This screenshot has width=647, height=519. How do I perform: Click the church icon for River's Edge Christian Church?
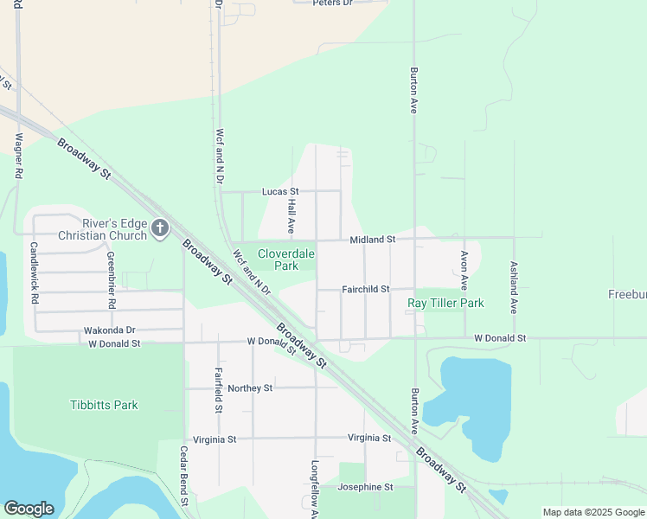pos(159,228)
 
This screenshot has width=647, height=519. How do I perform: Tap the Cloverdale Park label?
pos(286,259)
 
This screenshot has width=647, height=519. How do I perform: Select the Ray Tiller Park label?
pos(445,303)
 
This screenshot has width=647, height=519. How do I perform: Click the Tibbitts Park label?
pos(104,405)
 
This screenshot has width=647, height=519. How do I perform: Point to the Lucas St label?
pos(280,191)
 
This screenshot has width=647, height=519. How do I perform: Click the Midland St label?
pos(372,239)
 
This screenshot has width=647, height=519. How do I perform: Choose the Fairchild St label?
pos(365,289)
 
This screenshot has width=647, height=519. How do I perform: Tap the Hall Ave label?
pos(291,215)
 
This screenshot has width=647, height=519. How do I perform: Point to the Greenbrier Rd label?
pos(111,280)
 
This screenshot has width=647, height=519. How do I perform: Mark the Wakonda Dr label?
pos(110,330)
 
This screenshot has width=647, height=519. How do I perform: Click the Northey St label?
pos(250,388)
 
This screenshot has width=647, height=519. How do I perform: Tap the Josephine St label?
pos(365,487)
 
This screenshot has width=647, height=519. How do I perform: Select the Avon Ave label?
pos(464,270)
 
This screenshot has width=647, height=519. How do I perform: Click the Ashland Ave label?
pos(514,287)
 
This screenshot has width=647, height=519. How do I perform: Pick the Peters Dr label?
pos(333,3)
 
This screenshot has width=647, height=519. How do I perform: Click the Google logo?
pos(29,509)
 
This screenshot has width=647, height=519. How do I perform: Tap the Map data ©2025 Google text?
pos(593,512)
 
